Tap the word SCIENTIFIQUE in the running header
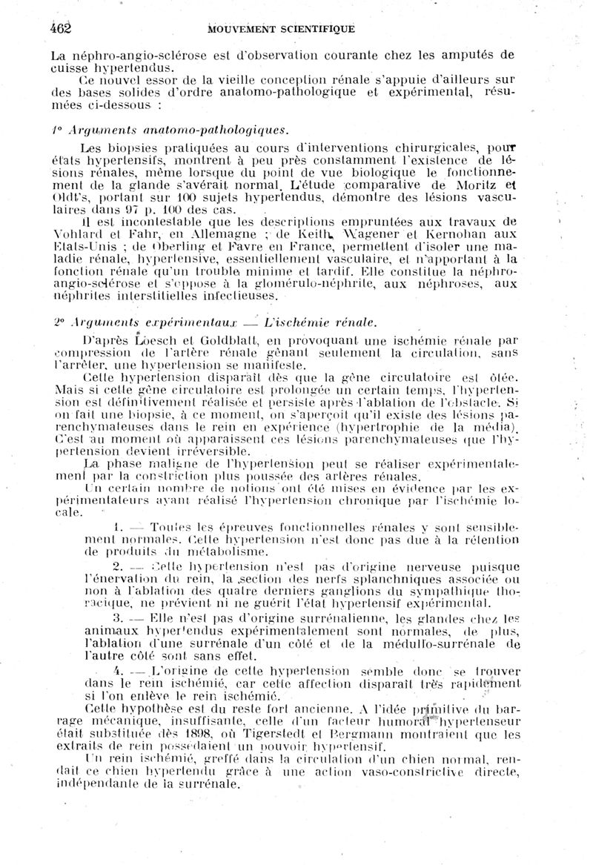314,30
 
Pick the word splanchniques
360,579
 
